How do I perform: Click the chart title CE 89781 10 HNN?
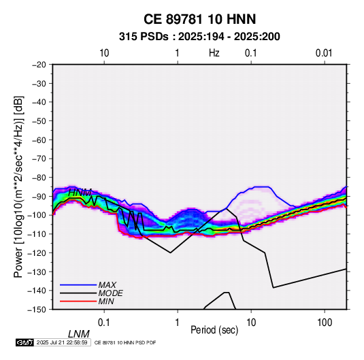[199, 19]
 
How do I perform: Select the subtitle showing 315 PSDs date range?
[199, 37]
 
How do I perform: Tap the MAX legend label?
[107, 284]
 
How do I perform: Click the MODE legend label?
[110, 293]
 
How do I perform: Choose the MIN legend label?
[106, 301]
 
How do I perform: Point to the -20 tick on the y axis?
[39, 65]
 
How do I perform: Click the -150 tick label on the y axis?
[37, 310]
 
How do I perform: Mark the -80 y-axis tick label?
[39, 178]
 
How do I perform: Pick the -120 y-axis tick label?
[37, 252]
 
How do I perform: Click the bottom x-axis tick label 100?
[325, 323]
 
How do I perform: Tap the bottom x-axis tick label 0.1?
[104, 323]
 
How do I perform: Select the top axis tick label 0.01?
[324, 53]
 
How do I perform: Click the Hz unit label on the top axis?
[214, 53]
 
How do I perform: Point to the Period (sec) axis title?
[214, 330]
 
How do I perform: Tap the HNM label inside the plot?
[80, 193]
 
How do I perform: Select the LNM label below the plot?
[79, 334]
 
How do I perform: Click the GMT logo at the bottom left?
[25, 342]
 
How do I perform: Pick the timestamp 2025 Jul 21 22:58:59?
[62, 342]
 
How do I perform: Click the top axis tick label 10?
[104, 53]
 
